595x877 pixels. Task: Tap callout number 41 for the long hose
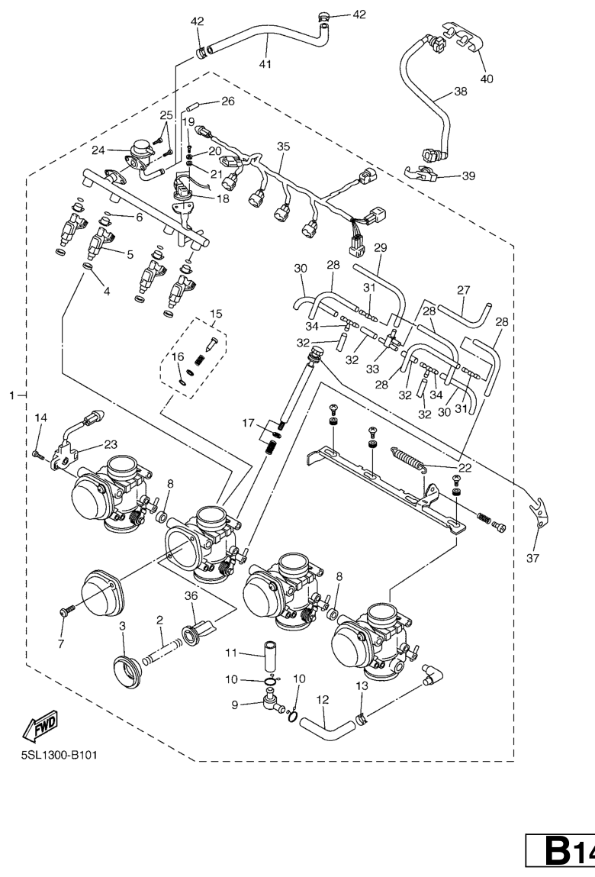[265, 64]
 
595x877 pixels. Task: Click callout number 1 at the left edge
[11, 395]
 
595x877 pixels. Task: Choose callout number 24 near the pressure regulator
[98, 150]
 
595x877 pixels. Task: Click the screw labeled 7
[65, 612]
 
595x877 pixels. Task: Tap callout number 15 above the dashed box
[216, 314]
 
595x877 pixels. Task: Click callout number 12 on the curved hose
[323, 698]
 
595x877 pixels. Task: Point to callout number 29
[380, 248]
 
